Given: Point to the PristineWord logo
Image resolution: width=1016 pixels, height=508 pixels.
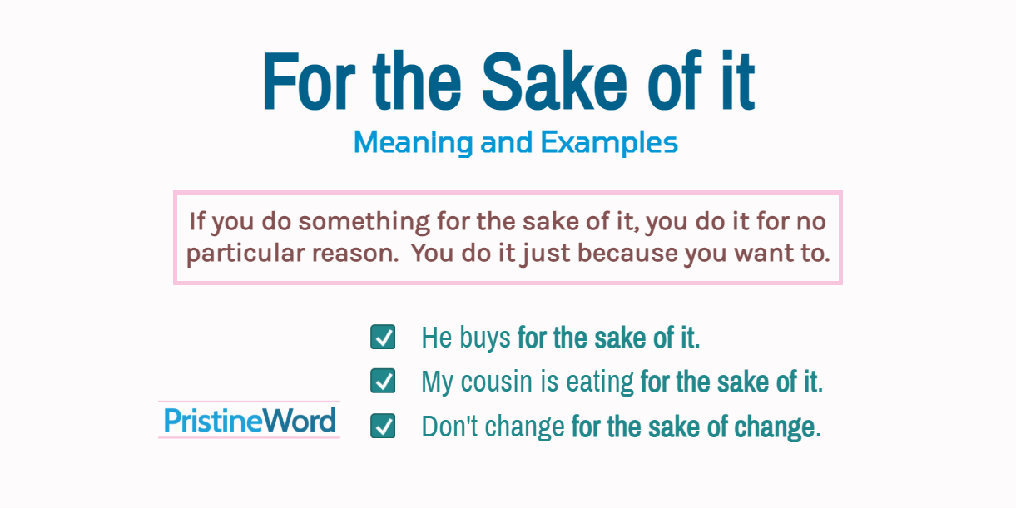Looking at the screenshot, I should [x=250, y=420].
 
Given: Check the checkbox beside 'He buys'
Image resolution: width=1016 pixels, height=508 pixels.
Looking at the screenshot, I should [x=383, y=338].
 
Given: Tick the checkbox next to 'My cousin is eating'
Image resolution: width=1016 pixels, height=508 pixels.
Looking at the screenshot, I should [x=383, y=382].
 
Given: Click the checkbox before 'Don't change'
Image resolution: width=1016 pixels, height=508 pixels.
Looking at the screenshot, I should [x=383, y=427].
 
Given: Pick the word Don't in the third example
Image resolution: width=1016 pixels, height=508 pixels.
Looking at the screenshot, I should [x=445, y=427].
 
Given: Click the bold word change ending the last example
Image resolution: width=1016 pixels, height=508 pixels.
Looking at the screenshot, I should [x=775, y=427].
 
